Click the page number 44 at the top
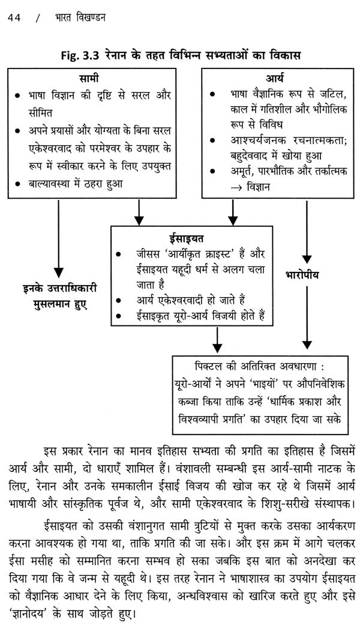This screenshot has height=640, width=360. click(x=13, y=19)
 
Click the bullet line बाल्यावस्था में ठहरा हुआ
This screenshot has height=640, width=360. click(x=78, y=184)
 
